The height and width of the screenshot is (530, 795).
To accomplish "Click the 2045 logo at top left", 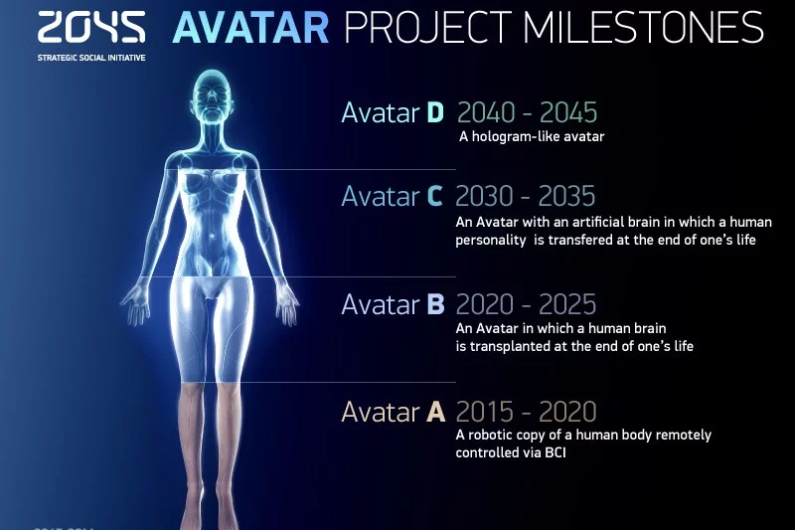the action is (x=91, y=27).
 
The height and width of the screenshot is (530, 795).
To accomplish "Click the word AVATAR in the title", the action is (x=251, y=28).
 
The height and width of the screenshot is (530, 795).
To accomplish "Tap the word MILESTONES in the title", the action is (x=643, y=28).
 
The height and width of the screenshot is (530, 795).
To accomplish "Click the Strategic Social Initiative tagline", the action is (x=91, y=58).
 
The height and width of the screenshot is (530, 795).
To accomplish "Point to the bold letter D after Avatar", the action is (x=435, y=112).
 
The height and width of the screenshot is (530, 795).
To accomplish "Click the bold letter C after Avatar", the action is (x=434, y=197).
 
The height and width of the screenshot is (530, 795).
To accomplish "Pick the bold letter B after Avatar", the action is (x=435, y=304).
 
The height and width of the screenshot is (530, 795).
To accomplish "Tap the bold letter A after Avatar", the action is (x=436, y=412).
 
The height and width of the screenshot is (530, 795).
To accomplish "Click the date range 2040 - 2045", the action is (x=528, y=112).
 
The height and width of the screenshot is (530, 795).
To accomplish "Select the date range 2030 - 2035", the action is (x=526, y=196).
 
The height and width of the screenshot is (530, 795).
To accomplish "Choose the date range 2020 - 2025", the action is (x=526, y=304).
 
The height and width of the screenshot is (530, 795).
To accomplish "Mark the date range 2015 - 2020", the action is (x=526, y=412).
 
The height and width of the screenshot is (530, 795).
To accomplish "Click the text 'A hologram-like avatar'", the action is (x=532, y=136).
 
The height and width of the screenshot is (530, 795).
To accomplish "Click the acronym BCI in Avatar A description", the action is (x=556, y=452).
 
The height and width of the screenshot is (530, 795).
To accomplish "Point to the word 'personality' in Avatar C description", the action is (x=491, y=241).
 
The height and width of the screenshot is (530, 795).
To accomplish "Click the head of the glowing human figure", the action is (x=213, y=96).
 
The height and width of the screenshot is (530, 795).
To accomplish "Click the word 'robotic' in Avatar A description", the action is (x=488, y=436).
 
